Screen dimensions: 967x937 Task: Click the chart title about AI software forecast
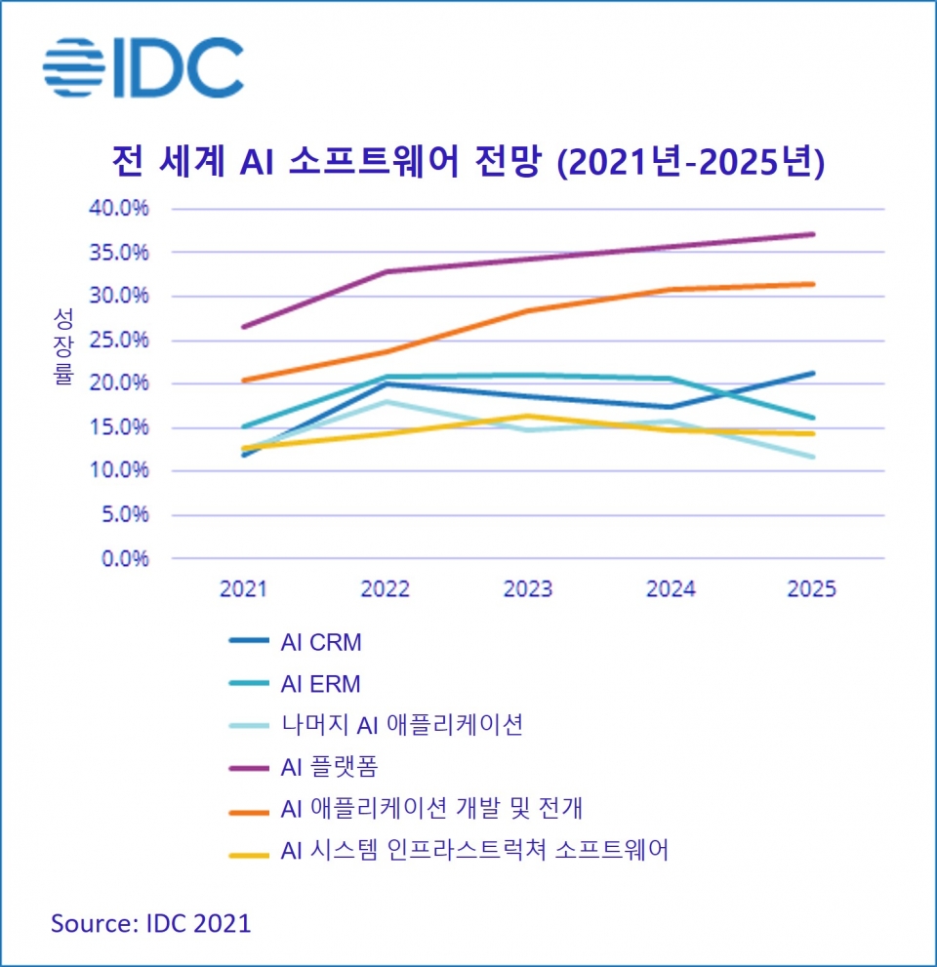tap(468, 160)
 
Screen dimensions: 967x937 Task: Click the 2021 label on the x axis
tap(244, 589)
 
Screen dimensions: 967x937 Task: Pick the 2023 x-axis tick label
tap(528, 589)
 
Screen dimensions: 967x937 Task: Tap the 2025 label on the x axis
tap(812, 589)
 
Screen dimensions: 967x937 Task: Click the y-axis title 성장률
tap(63, 347)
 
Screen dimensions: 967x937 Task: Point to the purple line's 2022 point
tap(387, 271)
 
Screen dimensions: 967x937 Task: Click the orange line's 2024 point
tap(672, 289)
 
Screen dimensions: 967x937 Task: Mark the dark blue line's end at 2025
tap(814, 373)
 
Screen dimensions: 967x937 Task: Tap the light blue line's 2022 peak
tap(387, 401)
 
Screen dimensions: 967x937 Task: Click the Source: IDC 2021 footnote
tap(151, 922)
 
